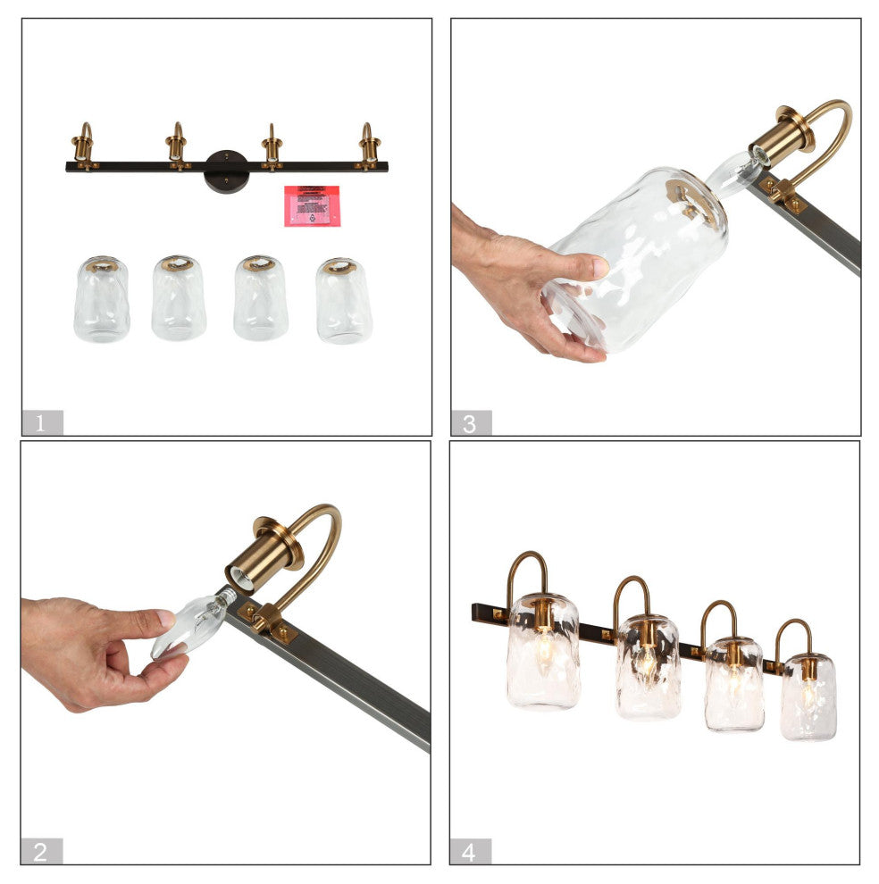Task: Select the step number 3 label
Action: [470, 422]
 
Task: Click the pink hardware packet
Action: [311, 205]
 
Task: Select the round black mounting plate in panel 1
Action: [226, 169]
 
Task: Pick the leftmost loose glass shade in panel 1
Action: [101, 299]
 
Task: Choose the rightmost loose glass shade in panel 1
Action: [343, 301]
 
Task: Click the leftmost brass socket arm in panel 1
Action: [83, 145]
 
